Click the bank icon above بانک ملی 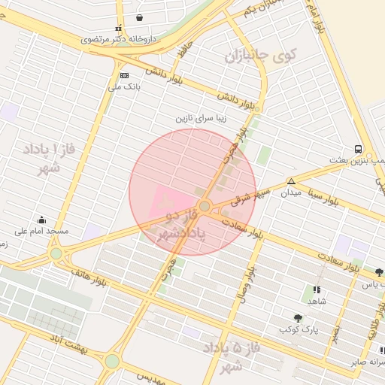click(x=124, y=75)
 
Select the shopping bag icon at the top click(x=139, y=17)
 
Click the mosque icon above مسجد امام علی click(x=41, y=220)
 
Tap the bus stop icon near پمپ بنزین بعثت click(x=358, y=149)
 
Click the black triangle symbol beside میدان click(x=291, y=181)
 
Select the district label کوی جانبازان click(x=261, y=56)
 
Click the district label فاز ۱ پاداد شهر click(x=49, y=157)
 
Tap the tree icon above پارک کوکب click(x=299, y=318)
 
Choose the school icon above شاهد click(x=317, y=290)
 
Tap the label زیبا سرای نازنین click(x=202, y=118)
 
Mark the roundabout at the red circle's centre click(x=204, y=205)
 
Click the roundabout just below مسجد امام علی click(x=56, y=253)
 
